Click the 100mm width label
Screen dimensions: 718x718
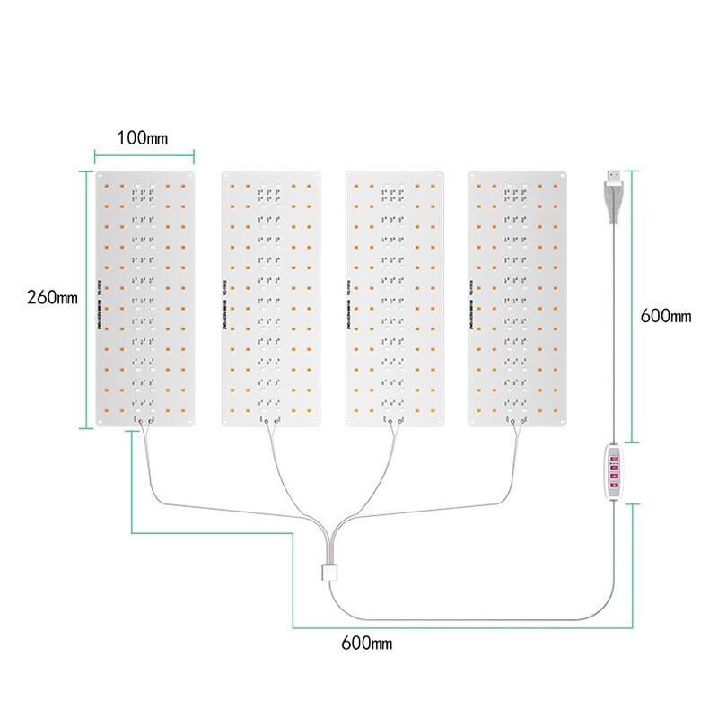[x=143, y=138]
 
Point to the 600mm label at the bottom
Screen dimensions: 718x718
[x=366, y=644]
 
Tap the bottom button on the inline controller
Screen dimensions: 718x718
[x=616, y=485]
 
